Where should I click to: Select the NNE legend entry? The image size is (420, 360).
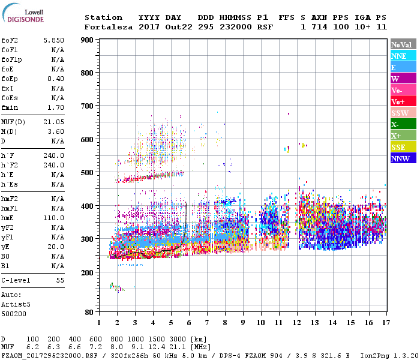tap(403, 56)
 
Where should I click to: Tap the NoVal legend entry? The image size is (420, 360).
tap(403, 44)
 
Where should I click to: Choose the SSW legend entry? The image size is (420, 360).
tap(403, 113)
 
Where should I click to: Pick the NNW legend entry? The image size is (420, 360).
tap(403, 158)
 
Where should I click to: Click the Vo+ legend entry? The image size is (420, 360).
tap(403, 101)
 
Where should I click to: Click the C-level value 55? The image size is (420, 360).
tap(60, 280)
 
